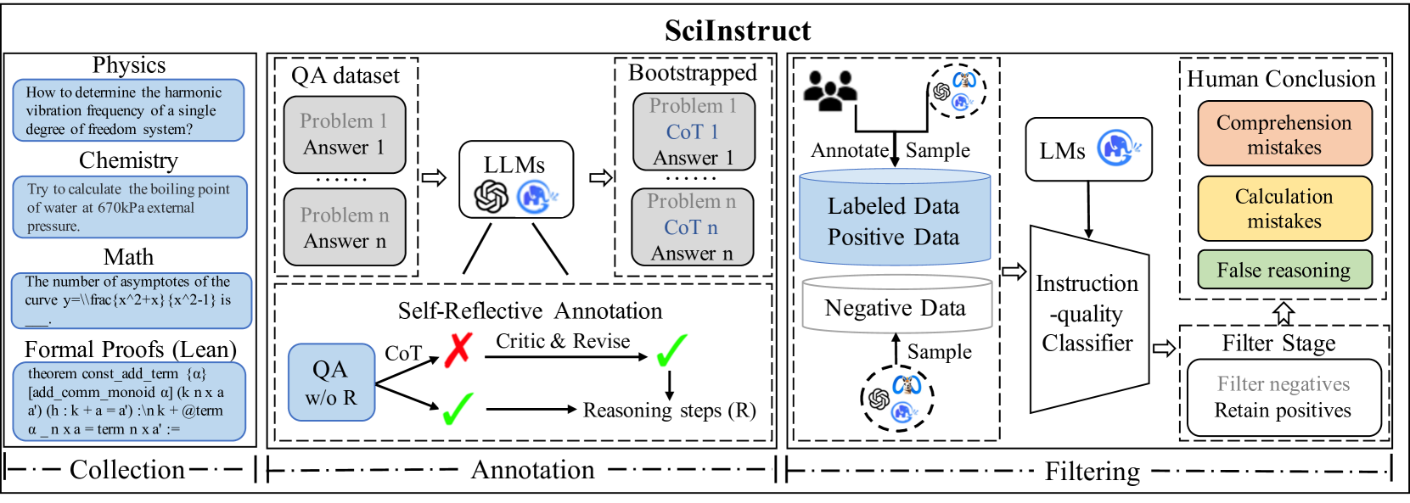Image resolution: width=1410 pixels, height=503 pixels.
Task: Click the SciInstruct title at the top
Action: [738, 31]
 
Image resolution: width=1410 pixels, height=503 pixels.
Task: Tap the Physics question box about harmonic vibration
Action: [128, 110]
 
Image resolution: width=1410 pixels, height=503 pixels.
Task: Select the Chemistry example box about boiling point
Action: [130, 207]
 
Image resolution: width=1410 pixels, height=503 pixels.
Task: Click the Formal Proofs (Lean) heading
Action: [130, 349]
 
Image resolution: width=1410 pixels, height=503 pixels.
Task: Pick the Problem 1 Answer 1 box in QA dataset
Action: [344, 135]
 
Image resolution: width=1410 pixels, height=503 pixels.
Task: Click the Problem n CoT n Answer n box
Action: [692, 227]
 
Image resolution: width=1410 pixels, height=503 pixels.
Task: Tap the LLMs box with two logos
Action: [516, 180]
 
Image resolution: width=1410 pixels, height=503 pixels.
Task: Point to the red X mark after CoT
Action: [458, 349]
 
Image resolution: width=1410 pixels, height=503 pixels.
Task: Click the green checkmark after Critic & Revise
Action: [671, 349]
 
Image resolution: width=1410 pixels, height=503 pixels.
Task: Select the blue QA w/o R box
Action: [331, 383]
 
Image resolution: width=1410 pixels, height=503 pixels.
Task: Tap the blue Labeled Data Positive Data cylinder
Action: [895, 218]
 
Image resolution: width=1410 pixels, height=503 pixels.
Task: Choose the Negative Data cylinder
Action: [896, 305]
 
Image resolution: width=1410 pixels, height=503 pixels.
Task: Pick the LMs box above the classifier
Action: [1088, 150]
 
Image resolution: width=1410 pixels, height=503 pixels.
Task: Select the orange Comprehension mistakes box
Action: [1284, 134]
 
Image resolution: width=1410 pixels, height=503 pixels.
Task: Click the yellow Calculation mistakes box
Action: [1284, 209]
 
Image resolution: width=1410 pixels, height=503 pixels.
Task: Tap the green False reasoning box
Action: [1284, 270]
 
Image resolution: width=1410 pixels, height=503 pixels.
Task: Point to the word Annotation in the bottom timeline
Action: [532, 470]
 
